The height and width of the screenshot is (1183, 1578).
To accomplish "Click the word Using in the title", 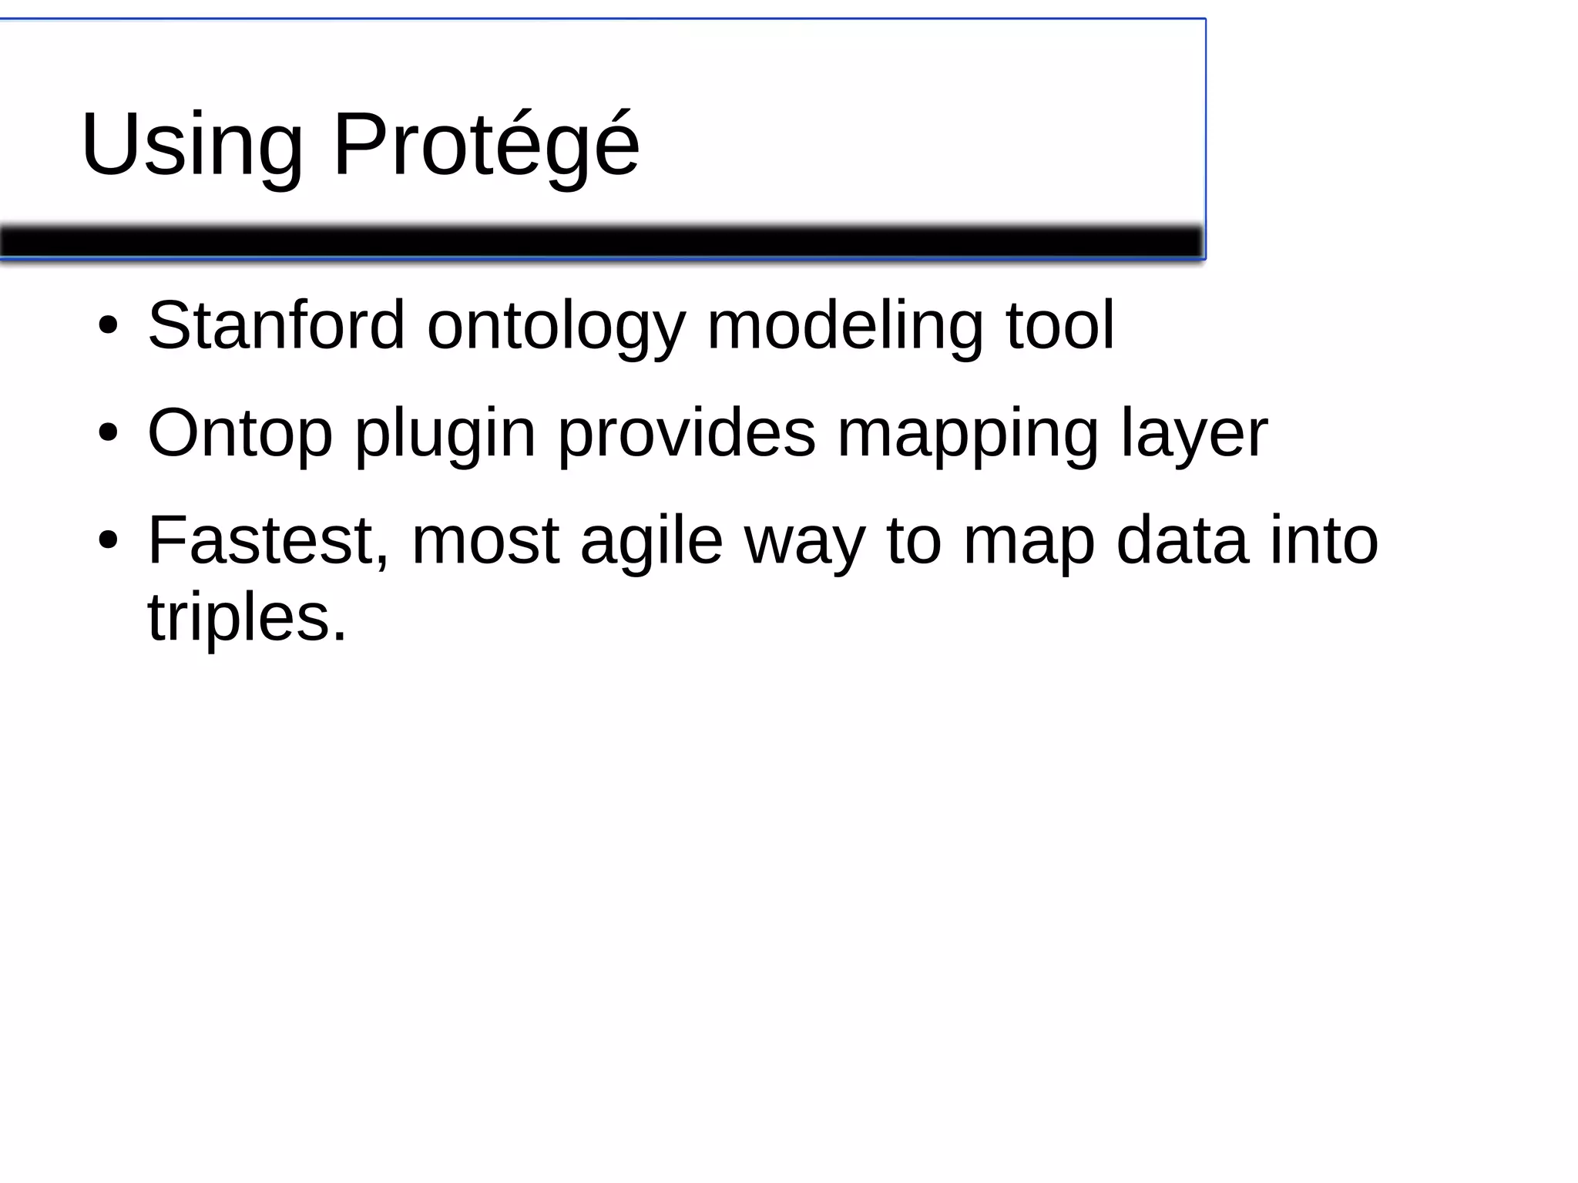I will pos(192,144).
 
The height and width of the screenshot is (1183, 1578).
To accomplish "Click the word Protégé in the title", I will pos(485,144).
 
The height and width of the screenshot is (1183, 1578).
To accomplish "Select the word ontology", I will pos(556,327).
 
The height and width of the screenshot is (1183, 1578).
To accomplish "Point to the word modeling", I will pos(844,326).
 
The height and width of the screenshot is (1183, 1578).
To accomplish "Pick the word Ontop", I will pos(240,433).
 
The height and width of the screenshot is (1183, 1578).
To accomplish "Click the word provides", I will pos(687,432).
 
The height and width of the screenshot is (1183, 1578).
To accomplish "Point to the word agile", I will pos(651,541).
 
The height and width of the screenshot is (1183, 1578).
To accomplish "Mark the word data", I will pos(1182,540).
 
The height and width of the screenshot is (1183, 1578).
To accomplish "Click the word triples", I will pos(247,618).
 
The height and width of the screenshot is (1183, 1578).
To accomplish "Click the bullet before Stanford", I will pos(108,326).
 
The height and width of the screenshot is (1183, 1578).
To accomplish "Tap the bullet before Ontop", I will pos(108,433).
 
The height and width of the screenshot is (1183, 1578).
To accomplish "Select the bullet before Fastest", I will pos(108,540).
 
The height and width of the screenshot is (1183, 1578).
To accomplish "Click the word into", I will pos(1324,540).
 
